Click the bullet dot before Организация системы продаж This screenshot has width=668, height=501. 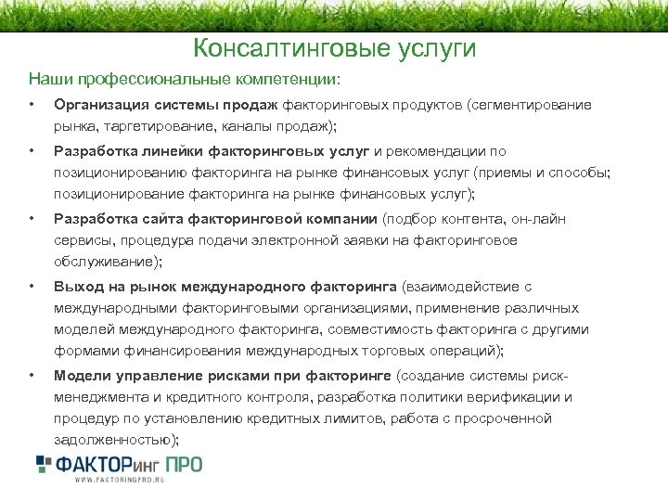pos(32,104)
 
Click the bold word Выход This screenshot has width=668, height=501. pos(78,287)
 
